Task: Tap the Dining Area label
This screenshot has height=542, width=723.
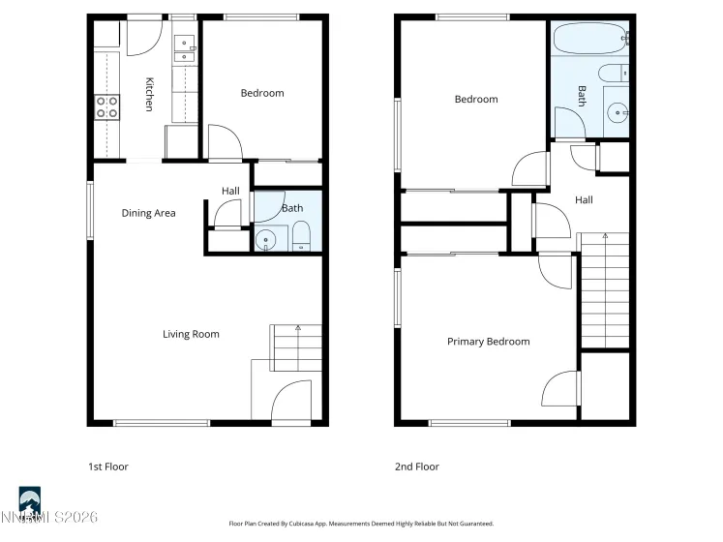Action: [148, 213]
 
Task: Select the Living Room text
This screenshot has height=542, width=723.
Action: [191, 334]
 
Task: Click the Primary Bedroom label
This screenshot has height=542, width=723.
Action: [488, 342]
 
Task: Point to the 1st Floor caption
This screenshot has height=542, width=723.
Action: [107, 467]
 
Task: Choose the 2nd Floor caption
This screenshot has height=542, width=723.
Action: [417, 467]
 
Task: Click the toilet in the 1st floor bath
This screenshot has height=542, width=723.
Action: [300, 235]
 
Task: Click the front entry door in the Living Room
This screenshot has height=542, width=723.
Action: [290, 401]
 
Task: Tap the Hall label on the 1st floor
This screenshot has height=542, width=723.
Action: [230, 191]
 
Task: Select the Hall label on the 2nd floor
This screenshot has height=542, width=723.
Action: [584, 200]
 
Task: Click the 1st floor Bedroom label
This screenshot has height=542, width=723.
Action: [262, 93]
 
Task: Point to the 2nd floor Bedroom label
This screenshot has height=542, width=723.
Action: [476, 99]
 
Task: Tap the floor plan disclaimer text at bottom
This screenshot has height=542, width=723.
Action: [361, 524]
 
